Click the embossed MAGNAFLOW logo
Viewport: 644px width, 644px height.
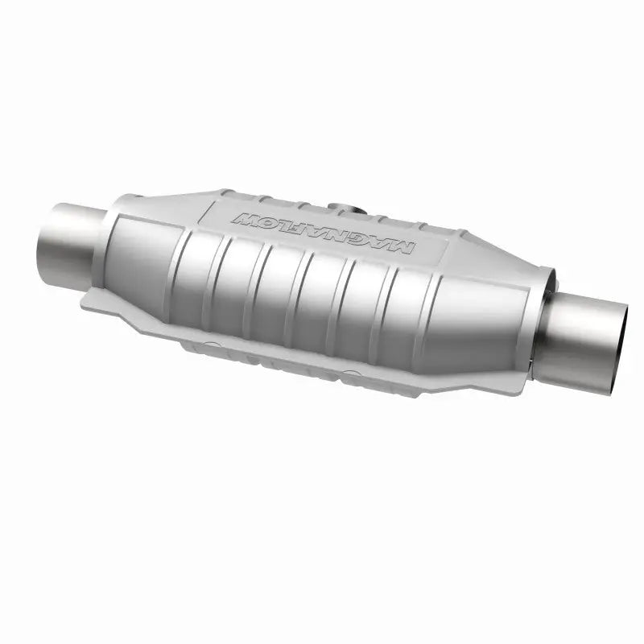pyautogui.click(x=322, y=232)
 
